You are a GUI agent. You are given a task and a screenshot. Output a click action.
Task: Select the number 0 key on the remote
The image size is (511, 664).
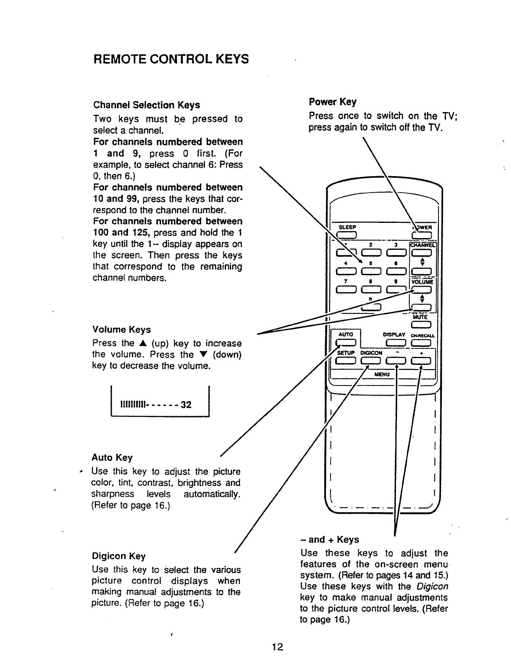coord(371,307)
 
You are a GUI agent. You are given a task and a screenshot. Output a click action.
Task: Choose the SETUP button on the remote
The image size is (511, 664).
coord(347,361)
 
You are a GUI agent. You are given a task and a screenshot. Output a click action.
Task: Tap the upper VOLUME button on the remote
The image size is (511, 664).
coord(421,289)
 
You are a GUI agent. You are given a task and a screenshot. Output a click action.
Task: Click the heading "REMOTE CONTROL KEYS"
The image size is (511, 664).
coord(171,59)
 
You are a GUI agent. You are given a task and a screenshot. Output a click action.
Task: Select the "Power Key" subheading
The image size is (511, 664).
coord(332,102)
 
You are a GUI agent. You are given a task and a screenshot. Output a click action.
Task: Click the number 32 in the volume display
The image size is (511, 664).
coord(186,405)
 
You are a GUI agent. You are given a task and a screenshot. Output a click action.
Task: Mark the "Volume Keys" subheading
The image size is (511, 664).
coord(121,329)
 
